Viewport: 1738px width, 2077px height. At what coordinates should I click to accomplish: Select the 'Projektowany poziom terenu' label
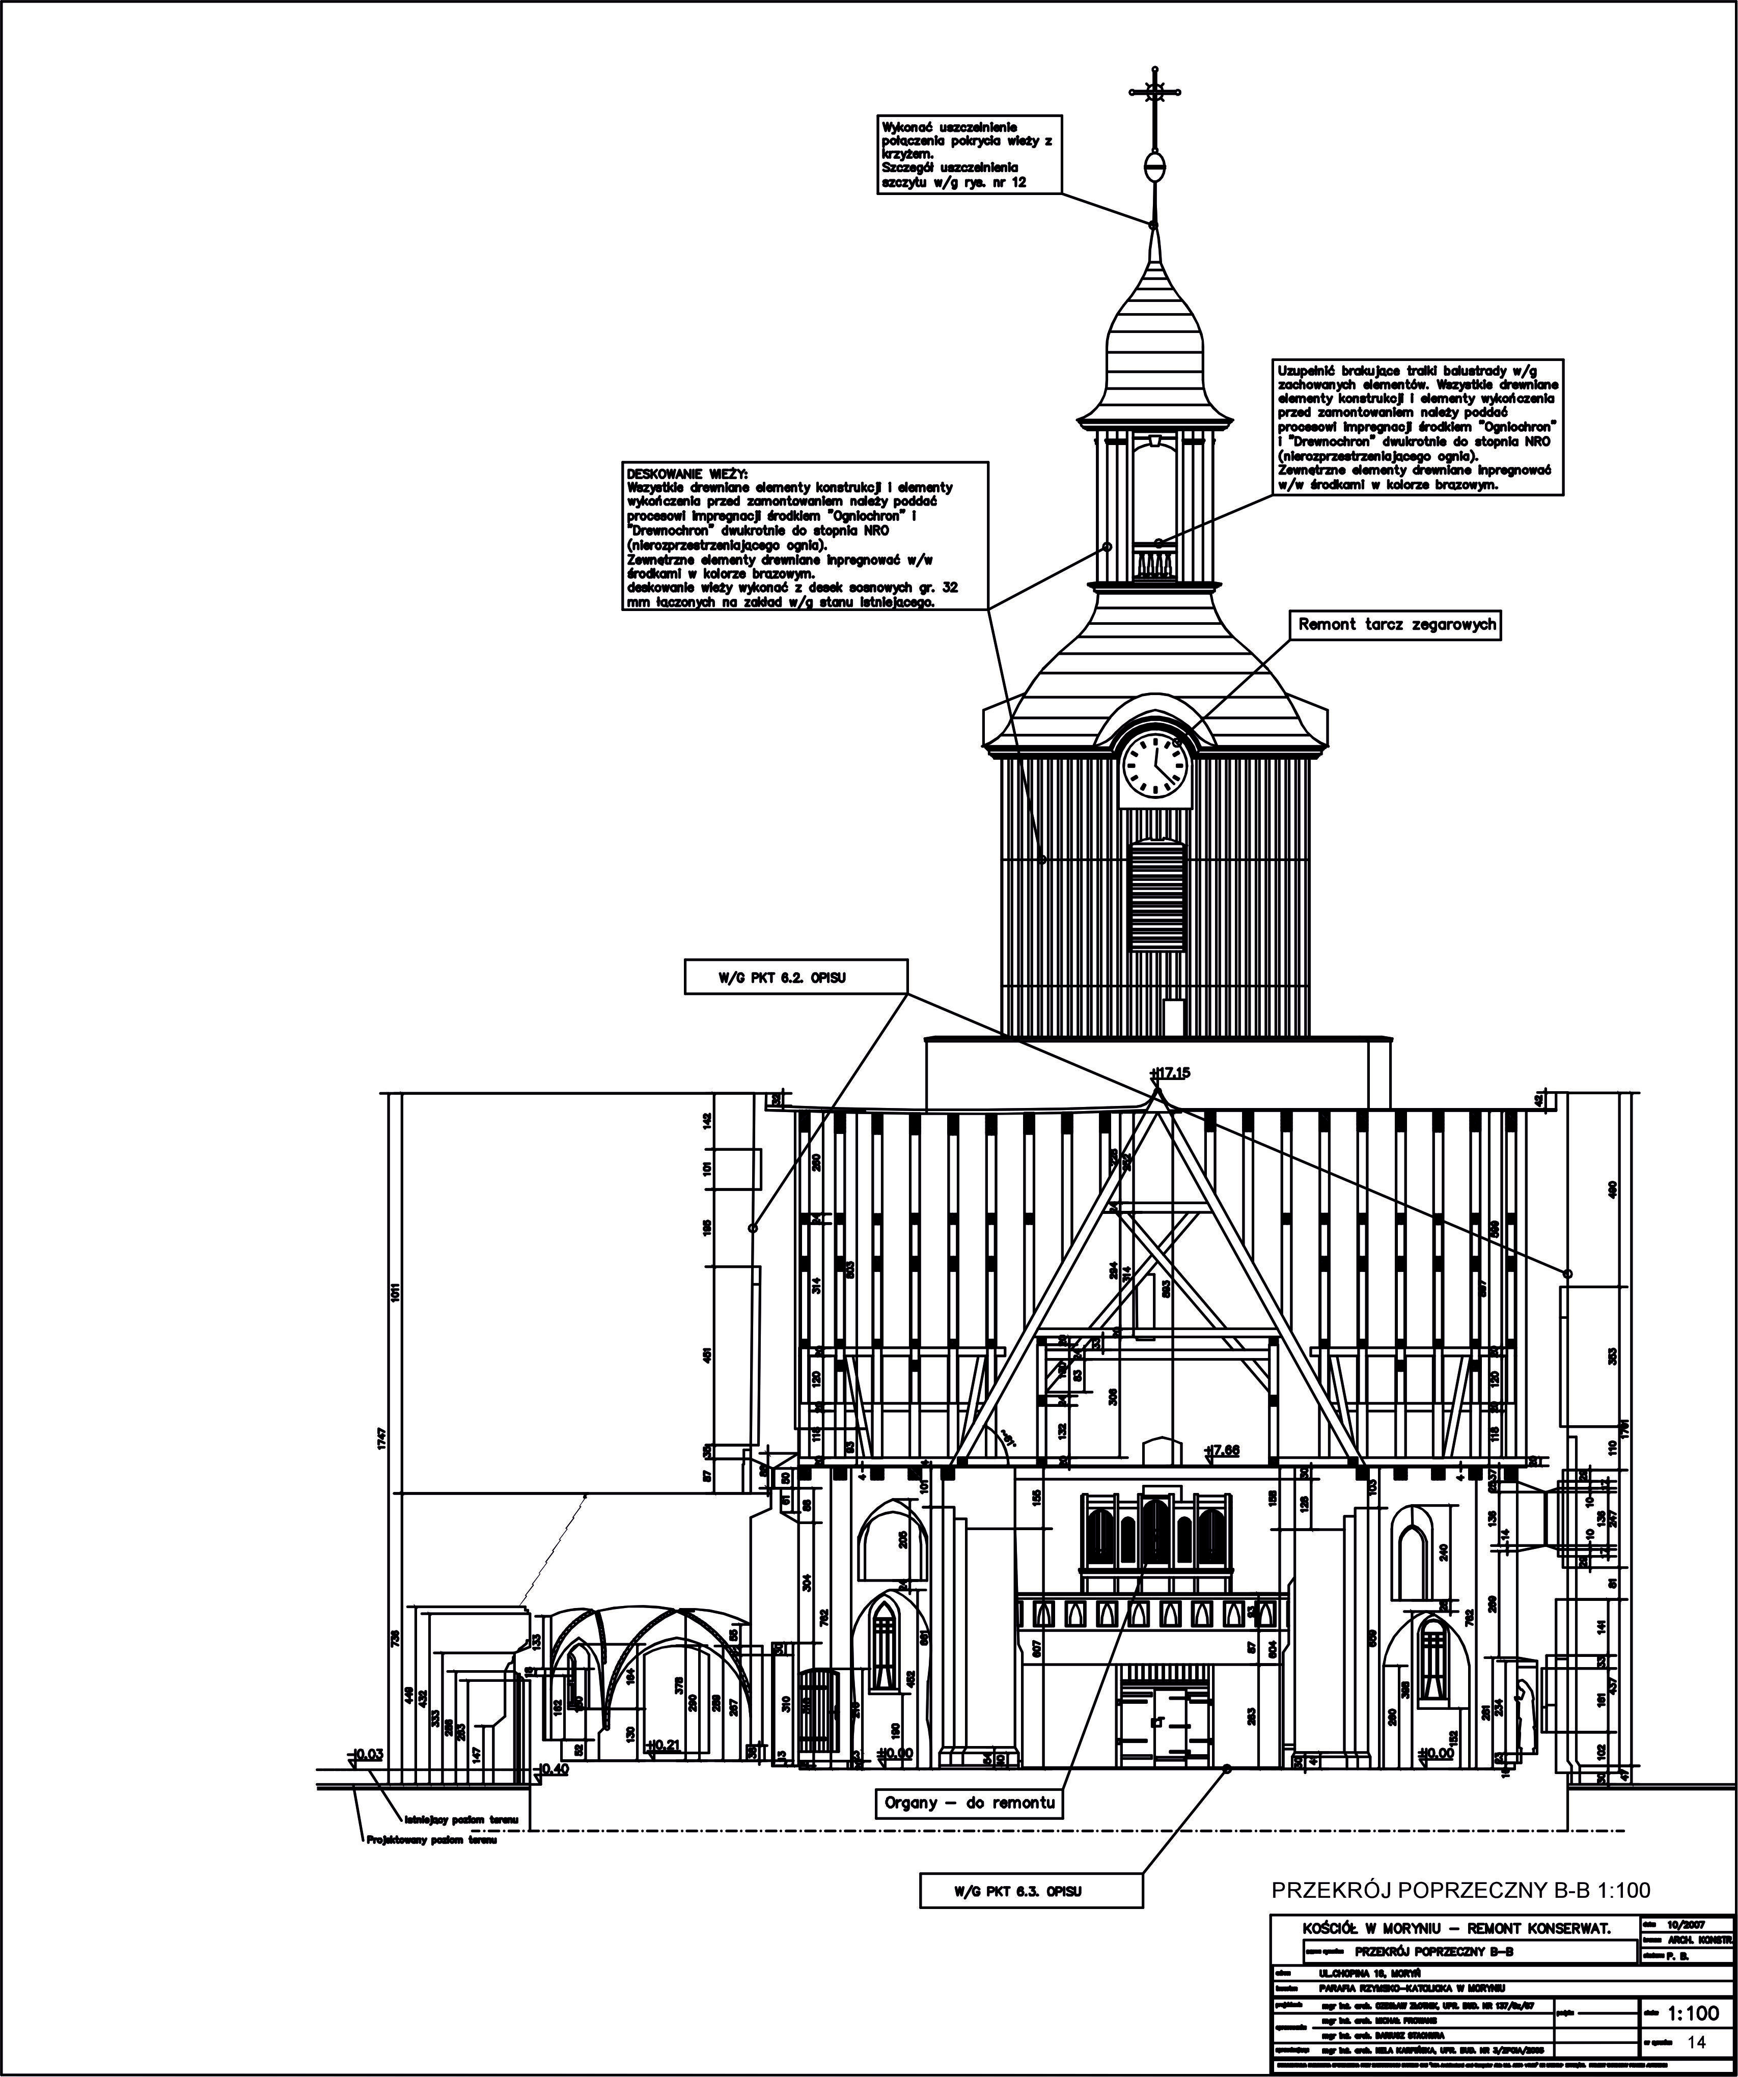(432, 1841)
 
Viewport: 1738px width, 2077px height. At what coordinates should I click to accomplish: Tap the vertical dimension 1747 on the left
(381, 1439)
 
